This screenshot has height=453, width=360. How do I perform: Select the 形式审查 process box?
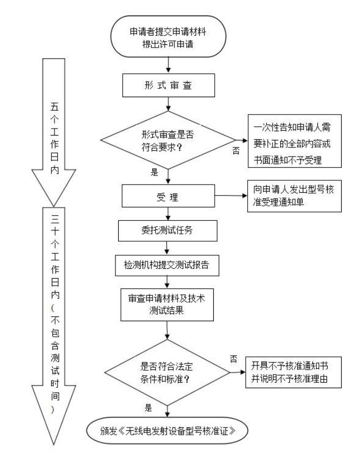click(169, 85)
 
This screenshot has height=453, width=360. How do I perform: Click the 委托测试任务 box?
click(169, 231)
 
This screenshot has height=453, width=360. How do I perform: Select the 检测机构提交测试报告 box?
click(169, 266)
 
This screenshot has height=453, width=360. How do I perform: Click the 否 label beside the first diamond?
click(236, 151)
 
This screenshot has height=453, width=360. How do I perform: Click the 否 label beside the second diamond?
click(233, 358)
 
